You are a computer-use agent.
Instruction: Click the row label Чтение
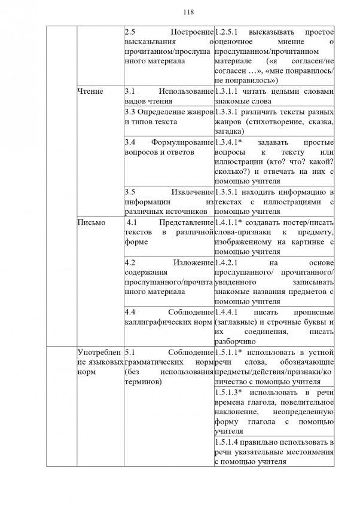coord(90,91)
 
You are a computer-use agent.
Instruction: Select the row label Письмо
coord(91,222)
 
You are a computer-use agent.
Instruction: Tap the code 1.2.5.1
coord(228,31)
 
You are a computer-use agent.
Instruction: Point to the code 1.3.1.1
coord(227,91)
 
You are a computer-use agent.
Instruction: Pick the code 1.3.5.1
coord(227,192)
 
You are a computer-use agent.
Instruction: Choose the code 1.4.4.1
coord(227,312)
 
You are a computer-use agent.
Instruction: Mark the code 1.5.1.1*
coord(229,353)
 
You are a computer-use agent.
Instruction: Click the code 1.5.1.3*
coord(229,393)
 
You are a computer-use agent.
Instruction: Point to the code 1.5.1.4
coord(227,442)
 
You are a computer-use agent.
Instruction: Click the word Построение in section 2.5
coord(191,31)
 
